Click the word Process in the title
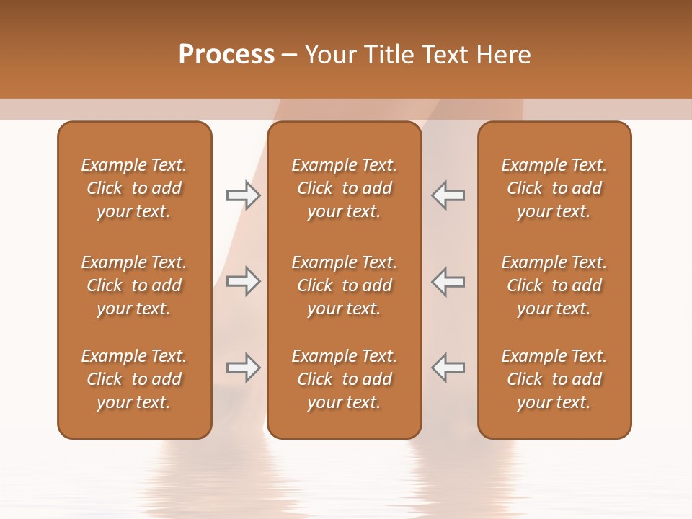tap(226, 55)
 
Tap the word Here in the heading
tap(502, 55)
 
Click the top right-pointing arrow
tap(243, 195)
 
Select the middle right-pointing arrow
tap(243, 281)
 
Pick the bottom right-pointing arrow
tap(243, 368)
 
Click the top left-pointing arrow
tap(448, 195)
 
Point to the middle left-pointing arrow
tap(448, 281)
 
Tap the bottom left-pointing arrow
tap(448, 368)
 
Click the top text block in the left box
tap(134, 188)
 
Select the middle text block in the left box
tap(134, 285)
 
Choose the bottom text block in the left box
tap(134, 379)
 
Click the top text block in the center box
tap(344, 188)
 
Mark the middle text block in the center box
tap(344, 285)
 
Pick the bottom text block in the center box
tap(344, 379)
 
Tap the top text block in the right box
tap(554, 188)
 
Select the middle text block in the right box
tap(554, 285)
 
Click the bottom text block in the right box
tap(554, 379)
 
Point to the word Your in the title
tap(331, 55)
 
